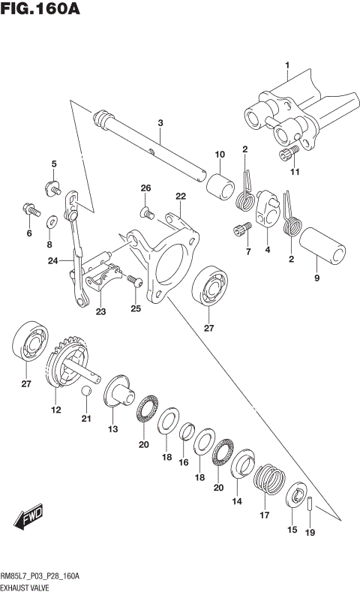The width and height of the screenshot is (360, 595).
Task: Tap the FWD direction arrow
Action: pos(29,518)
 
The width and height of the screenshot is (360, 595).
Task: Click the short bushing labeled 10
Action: pos(220,185)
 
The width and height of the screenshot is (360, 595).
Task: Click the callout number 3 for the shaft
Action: pos(160,122)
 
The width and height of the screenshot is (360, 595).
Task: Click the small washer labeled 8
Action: pos(51,222)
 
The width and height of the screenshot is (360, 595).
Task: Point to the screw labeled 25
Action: pos(135,280)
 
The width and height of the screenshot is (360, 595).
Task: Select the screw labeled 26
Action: pos(147,214)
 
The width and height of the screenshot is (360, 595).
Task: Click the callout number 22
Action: pos(180,196)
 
